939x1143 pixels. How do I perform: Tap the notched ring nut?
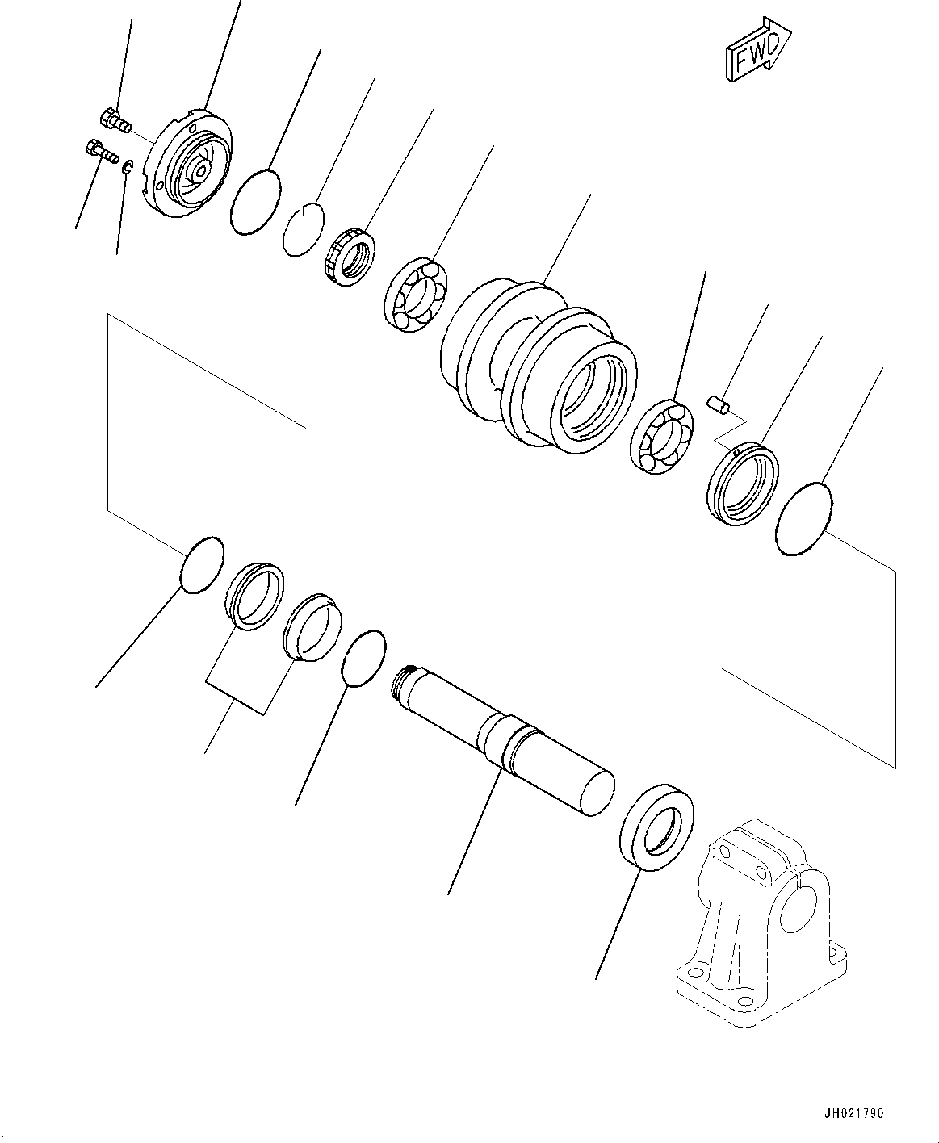pos(350,257)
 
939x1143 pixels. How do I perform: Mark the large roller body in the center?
pos(537,363)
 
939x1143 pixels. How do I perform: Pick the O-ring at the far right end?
pos(803,518)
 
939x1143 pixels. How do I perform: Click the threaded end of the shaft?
pos(403,685)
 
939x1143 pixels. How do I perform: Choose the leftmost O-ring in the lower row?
pos(200,565)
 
